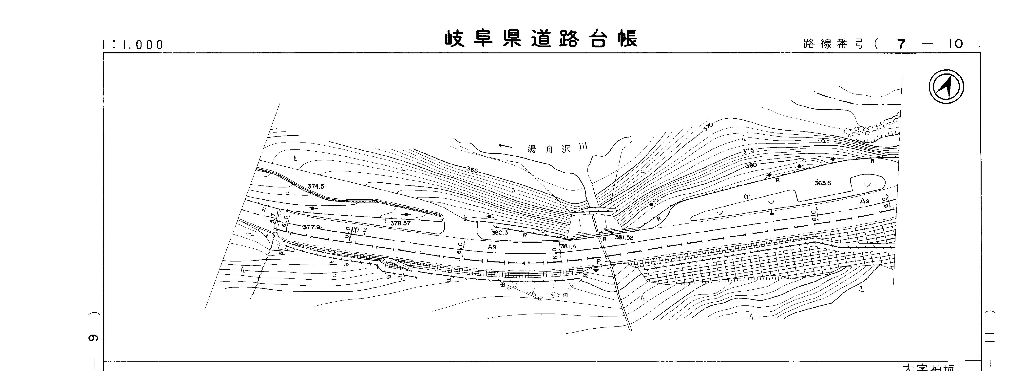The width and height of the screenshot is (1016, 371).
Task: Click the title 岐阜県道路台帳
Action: click(x=541, y=39)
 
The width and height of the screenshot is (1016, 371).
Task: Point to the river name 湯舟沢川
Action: click(x=557, y=148)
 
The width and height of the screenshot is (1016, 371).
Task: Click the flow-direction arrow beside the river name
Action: click(x=505, y=146)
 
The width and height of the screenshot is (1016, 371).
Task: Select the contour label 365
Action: click(x=472, y=170)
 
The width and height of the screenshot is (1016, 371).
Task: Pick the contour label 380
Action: click(x=751, y=165)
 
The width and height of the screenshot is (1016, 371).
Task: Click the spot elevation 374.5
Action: click(x=316, y=186)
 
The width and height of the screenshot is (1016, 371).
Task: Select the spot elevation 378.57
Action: click(x=400, y=223)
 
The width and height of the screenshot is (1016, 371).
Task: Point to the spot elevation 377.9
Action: click(x=313, y=227)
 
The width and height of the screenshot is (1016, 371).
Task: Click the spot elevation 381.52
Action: click(x=624, y=237)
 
